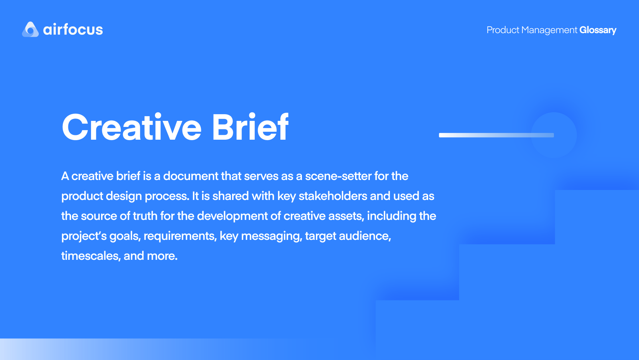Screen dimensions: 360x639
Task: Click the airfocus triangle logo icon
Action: (30, 30)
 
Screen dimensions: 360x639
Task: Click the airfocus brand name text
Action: (73, 30)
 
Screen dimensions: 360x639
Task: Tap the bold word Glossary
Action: (598, 30)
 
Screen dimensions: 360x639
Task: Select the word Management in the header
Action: (549, 30)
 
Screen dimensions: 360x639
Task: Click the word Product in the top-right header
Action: (503, 30)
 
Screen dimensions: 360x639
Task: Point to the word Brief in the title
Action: (250, 127)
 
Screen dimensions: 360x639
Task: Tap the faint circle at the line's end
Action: (554, 135)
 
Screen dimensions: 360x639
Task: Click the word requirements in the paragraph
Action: (180, 236)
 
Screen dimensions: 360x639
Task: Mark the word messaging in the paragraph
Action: (272, 236)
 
